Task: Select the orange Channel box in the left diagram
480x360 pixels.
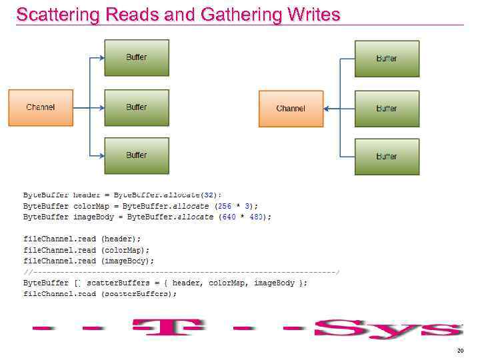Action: click(41, 107)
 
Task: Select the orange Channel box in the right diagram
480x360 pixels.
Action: click(291, 109)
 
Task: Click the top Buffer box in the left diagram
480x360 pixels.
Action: click(137, 57)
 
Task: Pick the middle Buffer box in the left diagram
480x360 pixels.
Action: click(137, 107)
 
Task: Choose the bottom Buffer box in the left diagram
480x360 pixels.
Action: click(137, 155)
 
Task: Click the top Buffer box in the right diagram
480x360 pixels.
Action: click(387, 59)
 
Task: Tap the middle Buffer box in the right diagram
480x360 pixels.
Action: click(387, 109)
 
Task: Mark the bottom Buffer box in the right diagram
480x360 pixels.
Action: click(387, 157)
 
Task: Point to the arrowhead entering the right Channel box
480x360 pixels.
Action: click(327, 109)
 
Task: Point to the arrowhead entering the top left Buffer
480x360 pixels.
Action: click(101, 57)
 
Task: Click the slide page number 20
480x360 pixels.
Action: click(460, 351)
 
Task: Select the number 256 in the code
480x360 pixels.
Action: click(224, 206)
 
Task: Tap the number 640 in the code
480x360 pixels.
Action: click(229, 217)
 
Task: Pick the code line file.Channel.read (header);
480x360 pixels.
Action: click(82, 239)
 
